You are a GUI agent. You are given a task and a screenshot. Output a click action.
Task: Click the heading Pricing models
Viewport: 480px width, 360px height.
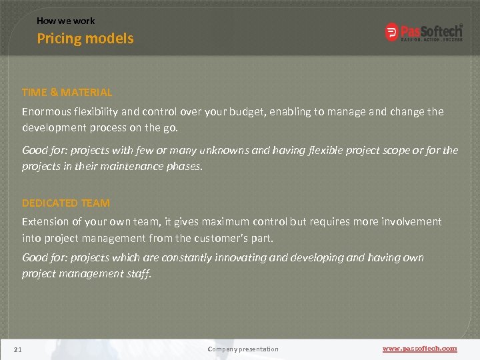click(x=85, y=39)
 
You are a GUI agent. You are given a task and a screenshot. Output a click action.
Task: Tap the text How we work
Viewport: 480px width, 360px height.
click(x=65, y=21)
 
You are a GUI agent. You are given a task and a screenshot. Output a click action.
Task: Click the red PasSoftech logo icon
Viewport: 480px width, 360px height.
click(x=392, y=31)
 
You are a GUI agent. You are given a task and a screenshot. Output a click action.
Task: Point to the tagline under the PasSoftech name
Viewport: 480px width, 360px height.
click(x=431, y=39)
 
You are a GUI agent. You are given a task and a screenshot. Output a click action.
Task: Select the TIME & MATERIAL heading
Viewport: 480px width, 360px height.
click(x=67, y=93)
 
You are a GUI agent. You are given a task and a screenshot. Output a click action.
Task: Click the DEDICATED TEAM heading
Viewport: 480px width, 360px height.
click(x=66, y=203)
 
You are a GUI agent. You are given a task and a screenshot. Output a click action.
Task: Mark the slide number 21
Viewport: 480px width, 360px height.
click(x=18, y=349)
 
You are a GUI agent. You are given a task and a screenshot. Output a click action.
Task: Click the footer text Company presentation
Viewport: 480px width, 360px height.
click(x=243, y=349)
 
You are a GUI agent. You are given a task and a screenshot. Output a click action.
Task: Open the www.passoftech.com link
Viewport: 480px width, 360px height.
click(x=419, y=349)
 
